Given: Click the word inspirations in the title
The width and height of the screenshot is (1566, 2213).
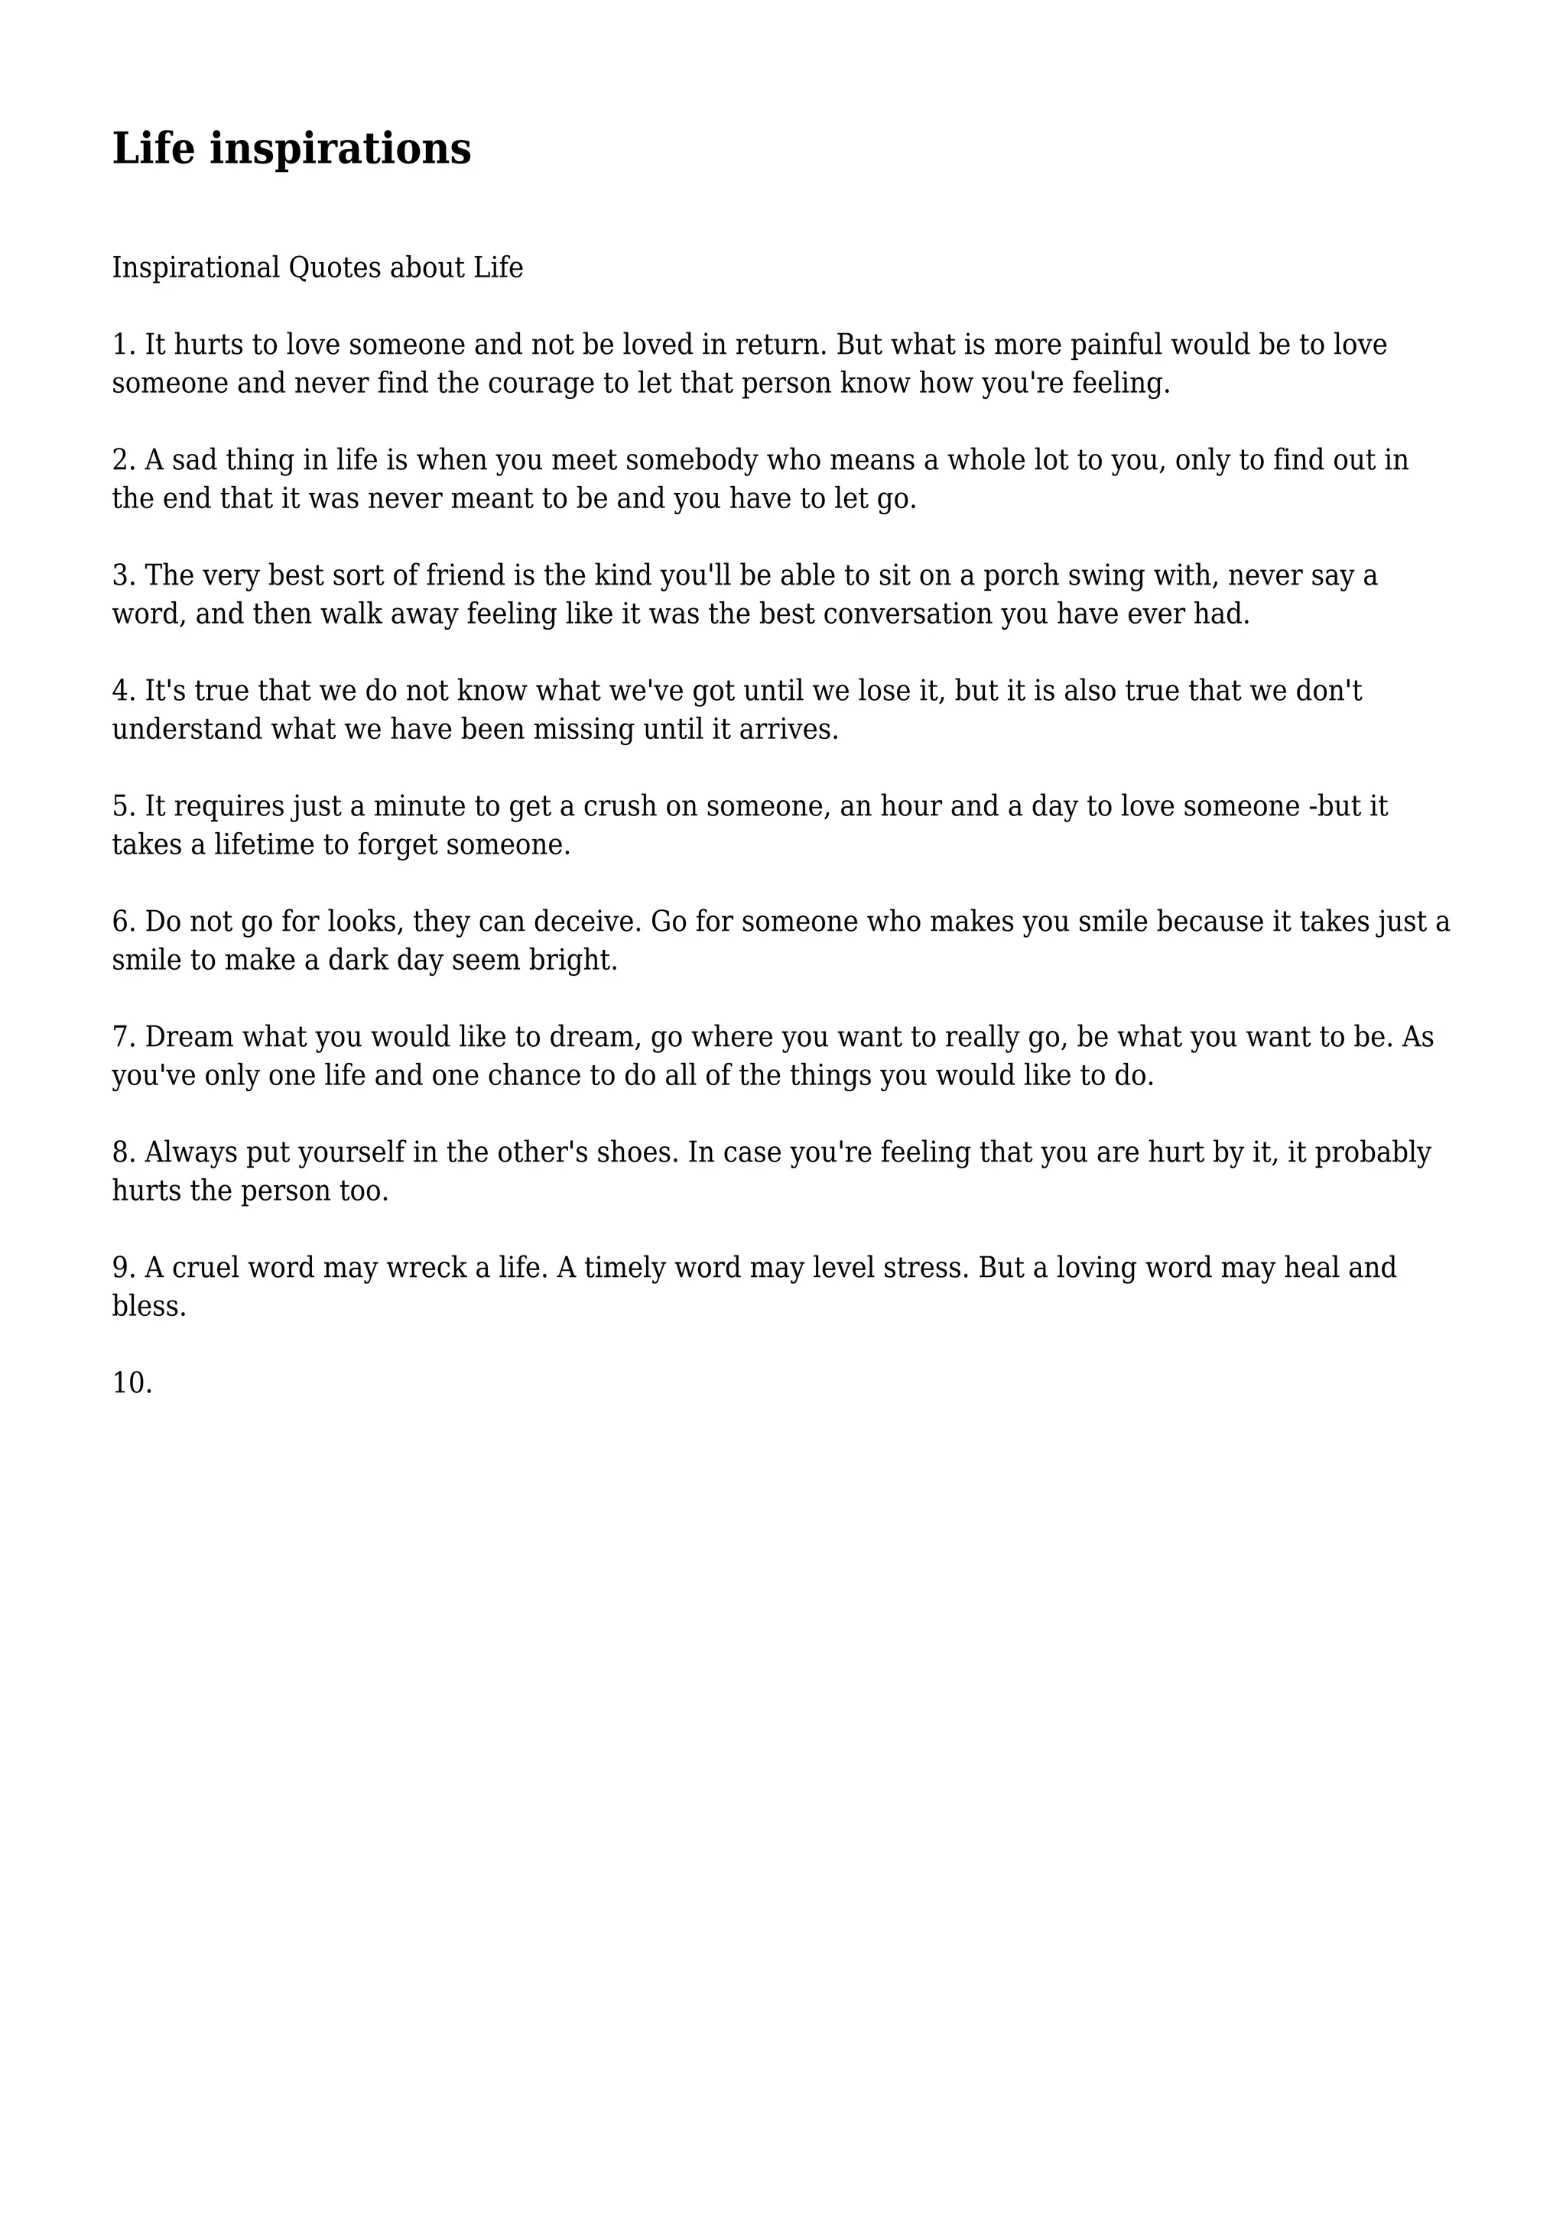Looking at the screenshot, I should (340, 150).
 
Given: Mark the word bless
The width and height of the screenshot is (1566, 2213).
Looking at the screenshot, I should (148, 1307).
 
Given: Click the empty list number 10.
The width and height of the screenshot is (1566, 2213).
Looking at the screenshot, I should (132, 1383).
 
